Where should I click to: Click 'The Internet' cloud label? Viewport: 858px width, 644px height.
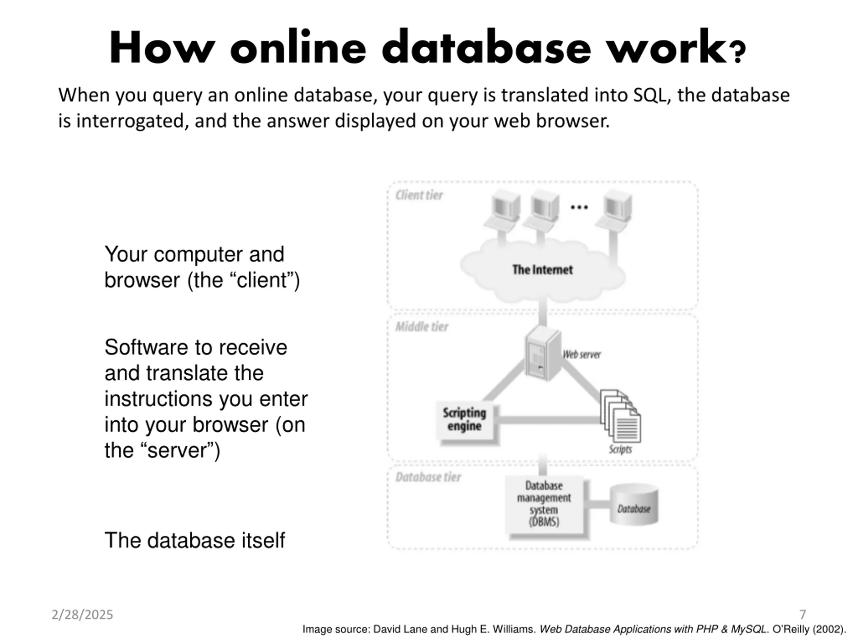542,270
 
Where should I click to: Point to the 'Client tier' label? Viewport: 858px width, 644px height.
419,195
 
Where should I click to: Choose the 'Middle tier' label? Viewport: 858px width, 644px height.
422,327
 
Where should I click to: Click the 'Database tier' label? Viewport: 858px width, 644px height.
428,477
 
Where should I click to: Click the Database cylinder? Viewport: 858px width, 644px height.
634,505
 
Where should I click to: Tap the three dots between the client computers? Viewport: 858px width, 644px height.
579,208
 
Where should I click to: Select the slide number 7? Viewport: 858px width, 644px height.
803,614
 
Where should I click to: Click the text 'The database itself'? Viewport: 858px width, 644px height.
195,540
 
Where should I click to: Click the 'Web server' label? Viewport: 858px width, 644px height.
582,355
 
